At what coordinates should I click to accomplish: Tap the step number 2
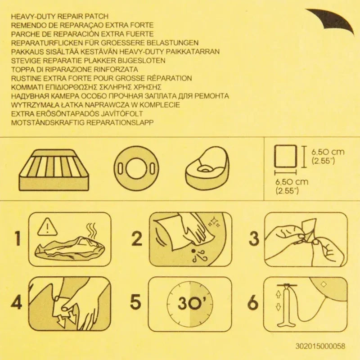pyautogui.click(x=137, y=238)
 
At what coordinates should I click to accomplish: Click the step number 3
pyautogui.click(x=254, y=238)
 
